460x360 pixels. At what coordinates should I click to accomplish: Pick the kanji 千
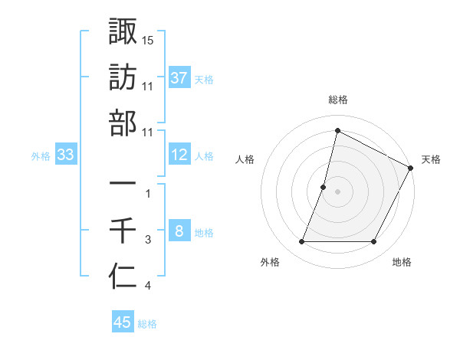coord(123,230)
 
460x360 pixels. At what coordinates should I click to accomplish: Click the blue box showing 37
coord(179,77)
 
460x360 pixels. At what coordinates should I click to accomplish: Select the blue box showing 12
coord(179,155)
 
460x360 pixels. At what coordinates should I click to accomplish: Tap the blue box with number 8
coord(179,231)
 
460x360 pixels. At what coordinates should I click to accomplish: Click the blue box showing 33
coord(66,155)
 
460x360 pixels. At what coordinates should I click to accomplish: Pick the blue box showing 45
coord(123,322)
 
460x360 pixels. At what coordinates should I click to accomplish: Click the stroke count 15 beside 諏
coord(148,39)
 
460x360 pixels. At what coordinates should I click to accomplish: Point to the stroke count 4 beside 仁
coord(148,286)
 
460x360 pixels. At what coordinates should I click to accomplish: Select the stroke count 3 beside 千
coord(148,240)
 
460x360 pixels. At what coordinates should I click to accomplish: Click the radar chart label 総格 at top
coord(337,100)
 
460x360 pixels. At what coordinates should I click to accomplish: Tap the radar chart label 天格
coord(431,159)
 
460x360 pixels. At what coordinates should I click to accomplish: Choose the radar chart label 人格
coord(245,159)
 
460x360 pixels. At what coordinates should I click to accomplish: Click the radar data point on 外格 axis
coord(301,242)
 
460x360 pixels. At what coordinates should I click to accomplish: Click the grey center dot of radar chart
coord(337,191)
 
